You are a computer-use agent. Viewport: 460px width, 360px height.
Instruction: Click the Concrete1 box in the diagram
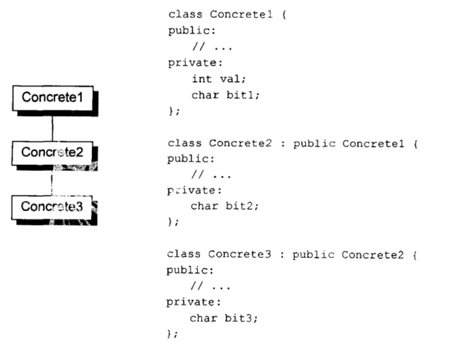click(53, 98)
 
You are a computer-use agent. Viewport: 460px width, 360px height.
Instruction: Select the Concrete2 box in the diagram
click(52, 153)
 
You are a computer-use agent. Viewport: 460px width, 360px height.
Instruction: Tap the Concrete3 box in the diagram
click(52, 207)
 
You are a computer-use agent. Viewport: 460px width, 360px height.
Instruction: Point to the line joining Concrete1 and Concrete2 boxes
click(53, 128)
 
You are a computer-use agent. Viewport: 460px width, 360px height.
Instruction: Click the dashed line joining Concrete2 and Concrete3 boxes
click(52, 183)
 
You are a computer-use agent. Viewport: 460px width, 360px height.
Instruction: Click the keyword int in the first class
click(202, 79)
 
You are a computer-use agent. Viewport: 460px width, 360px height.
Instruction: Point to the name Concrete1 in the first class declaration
click(241, 14)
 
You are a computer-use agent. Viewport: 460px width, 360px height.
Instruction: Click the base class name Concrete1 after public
click(373, 144)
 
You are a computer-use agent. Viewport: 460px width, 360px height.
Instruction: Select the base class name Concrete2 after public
click(372, 255)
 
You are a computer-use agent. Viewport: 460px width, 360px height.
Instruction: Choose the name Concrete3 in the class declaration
click(239, 254)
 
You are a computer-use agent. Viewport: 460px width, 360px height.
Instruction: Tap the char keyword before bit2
click(204, 206)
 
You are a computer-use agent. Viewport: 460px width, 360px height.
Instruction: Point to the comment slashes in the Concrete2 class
click(198, 175)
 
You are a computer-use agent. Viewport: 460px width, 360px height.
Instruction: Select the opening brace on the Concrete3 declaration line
click(414, 255)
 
